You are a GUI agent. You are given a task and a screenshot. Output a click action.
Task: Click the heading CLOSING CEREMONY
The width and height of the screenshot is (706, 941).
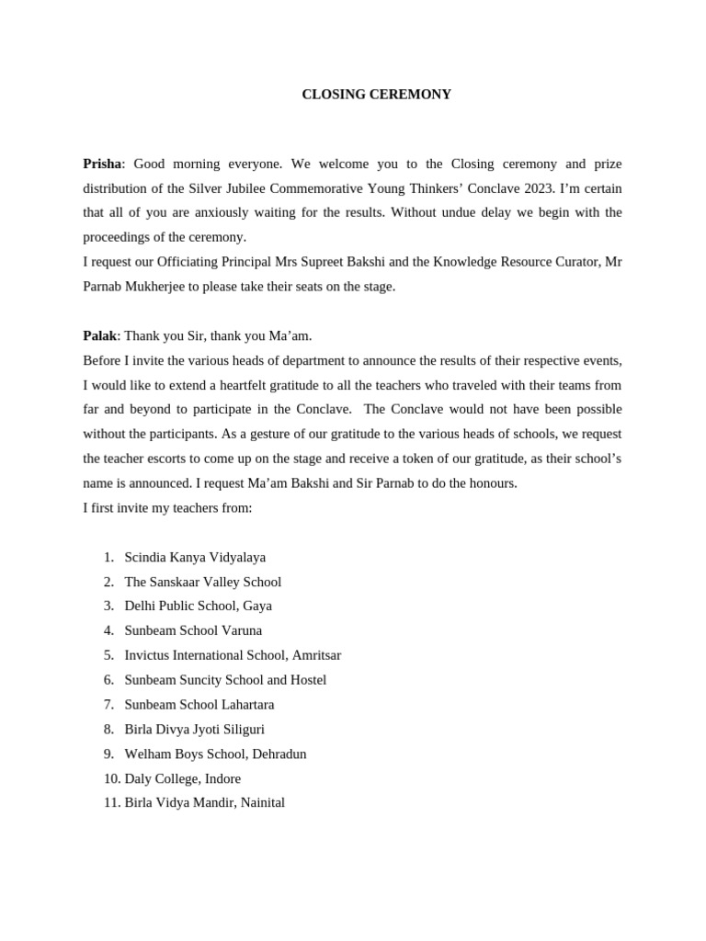(x=376, y=95)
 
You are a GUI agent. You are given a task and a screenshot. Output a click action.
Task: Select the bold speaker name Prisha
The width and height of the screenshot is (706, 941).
(x=101, y=164)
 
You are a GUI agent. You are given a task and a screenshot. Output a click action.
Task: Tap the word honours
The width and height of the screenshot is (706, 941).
(x=491, y=483)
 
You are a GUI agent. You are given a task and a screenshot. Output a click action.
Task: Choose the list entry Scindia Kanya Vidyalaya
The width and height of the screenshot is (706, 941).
(x=195, y=557)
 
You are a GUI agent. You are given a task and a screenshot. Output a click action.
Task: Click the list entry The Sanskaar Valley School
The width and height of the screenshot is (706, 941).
(x=202, y=582)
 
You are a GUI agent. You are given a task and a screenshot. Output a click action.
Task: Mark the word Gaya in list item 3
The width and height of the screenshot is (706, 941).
(x=257, y=607)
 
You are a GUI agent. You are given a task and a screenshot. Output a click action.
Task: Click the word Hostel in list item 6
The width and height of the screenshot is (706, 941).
(x=307, y=680)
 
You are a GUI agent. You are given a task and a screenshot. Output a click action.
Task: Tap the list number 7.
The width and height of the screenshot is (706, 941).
(x=108, y=705)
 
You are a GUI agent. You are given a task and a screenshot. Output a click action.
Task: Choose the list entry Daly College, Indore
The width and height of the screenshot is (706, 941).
(x=182, y=778)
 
